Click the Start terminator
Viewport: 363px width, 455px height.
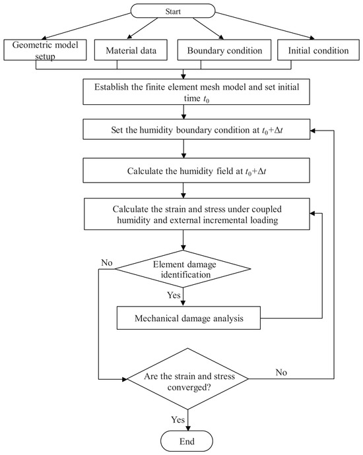point(173,11)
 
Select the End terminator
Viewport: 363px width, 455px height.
point(187,441)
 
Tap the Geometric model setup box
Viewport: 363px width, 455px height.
point(45,50)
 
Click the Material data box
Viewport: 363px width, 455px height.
point(131,50)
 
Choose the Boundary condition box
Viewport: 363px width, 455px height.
point(224,50)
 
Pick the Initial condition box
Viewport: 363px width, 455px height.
point(318,50)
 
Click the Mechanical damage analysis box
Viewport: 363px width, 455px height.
point(189,318)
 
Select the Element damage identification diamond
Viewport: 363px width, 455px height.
point(183,269)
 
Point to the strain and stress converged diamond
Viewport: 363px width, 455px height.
point(188,379)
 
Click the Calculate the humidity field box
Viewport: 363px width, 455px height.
point(196,170)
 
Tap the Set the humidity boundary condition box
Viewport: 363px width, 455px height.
point(196,129)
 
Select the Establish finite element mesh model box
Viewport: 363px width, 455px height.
point(196,92)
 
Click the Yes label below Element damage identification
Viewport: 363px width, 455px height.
point(174,295)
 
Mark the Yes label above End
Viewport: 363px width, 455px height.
point(178,419)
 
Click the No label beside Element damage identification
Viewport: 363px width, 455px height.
point(106,262)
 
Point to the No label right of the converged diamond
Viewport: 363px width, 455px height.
point(281,373)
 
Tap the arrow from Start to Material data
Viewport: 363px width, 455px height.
point(143,28)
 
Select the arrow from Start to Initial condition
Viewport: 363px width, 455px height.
point(265,26)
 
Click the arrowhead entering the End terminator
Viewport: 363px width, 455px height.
point(188,428)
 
